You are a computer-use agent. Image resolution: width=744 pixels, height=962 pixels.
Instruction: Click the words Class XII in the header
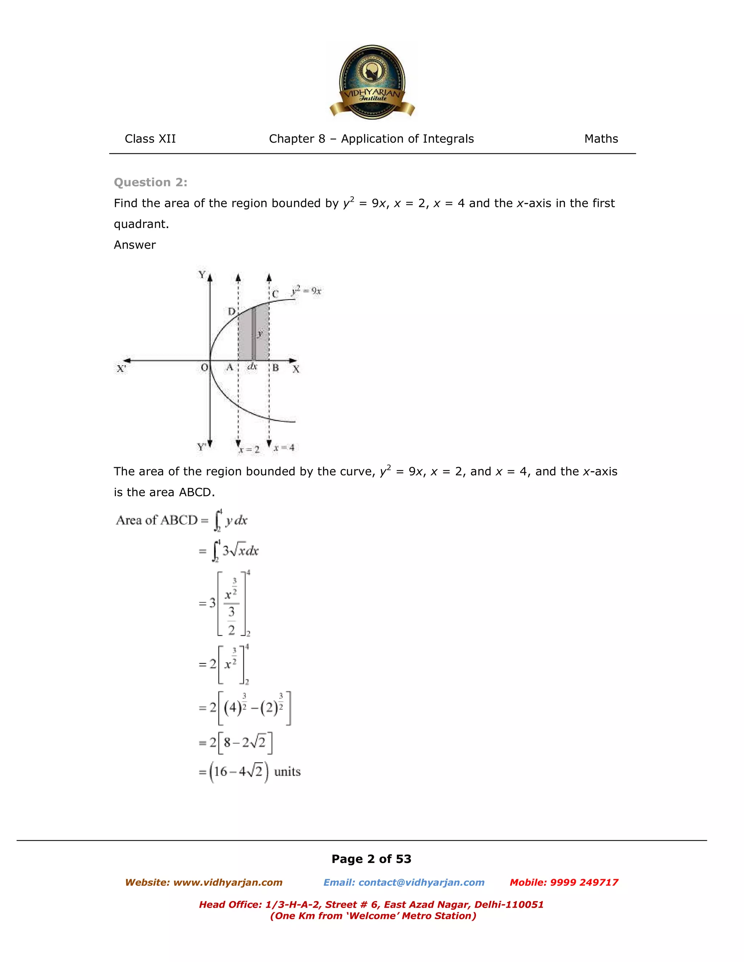click(x=150, y=139)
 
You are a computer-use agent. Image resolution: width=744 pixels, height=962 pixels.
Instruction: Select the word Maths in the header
click(x=601, y=139)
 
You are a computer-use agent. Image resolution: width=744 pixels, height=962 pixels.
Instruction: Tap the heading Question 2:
click(x=150, y=182)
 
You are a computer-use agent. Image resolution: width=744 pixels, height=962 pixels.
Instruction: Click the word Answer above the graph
click(x=134, y=245)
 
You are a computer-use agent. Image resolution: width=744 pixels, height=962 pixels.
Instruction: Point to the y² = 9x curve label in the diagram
click(x=306, y=291)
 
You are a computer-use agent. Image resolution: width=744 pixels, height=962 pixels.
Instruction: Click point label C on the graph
click(x=275, y=294)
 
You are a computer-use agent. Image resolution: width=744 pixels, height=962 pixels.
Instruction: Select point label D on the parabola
click(x=231, y=312)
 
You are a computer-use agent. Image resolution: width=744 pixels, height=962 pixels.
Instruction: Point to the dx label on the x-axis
click(x=252, y=367)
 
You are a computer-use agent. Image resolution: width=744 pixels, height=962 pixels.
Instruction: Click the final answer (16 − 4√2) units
click(x=250, y=772)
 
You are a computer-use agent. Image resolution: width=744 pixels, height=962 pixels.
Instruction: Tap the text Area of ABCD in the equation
click(x=157, y=520)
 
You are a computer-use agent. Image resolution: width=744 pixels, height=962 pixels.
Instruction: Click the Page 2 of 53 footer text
click(x=371, y=859)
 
